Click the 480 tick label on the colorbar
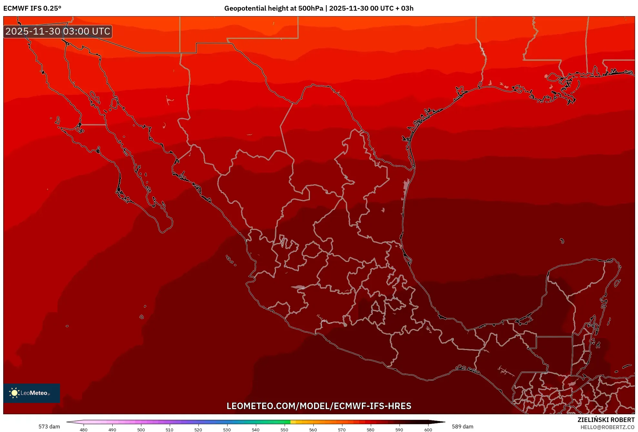pyautogui.click(x=84, y=430)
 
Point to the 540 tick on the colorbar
pyautogui.click(x=256, y=430)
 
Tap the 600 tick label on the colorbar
pyautogui.click(x=428, y=430)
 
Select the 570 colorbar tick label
pyautogui.click(x=342, y=430)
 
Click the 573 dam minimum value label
pyautogui.click(x=49, y=427)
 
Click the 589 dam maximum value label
pyautogui.click(x=462, y=427)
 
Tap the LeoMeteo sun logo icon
pyautogui.click(x=14, y=393)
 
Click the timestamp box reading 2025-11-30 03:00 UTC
pyautogui.click(x=58, y=31)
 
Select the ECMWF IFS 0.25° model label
pyautogui.click(x=32, y=8)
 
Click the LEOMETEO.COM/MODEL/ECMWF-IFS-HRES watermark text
pyautogui.click(x=319, y=406)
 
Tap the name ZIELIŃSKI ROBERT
pyautogui.click(x=606, y=420)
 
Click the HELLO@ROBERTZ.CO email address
pyautogui.click(x=607, y=427)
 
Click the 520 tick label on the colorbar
pyautogui.click(x=198, y=430)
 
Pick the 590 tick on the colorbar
pyautogui.click(x=399, y=430)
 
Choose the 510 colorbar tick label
pyautogui.click(x=169, y=430)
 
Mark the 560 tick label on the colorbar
pyautogui.click(x=313, y=430)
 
